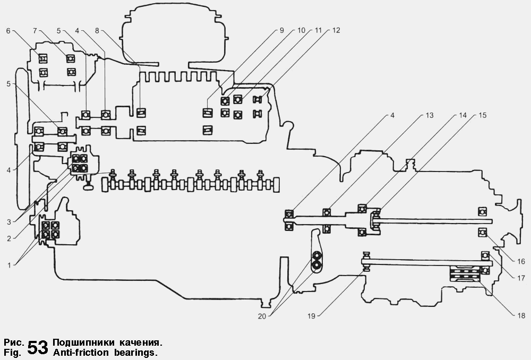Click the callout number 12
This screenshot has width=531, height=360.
336,31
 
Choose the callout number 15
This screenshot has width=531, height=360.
482,115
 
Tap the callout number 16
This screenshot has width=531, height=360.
521,261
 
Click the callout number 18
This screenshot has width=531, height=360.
521,315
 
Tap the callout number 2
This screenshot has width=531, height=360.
8,238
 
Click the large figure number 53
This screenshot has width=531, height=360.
37,347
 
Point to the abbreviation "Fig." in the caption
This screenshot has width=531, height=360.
12,352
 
